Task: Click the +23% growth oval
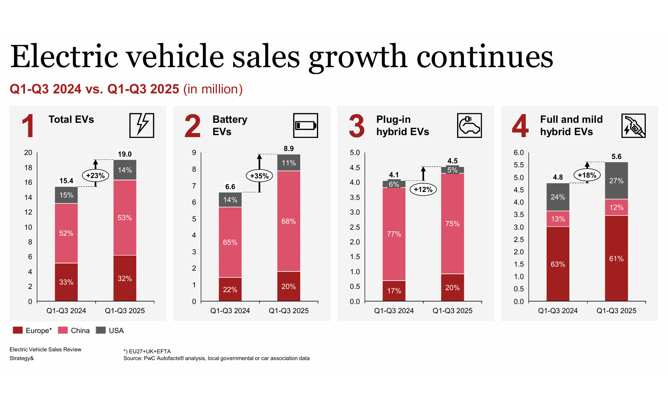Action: (95, 175)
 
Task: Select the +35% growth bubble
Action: (259, 176)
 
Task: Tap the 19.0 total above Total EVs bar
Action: (125, 154)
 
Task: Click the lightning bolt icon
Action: (142, 125)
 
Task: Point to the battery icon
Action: (305, 126)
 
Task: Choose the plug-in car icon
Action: (469, 126)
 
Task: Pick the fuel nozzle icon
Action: (633, 126)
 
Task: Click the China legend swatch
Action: (63, 330)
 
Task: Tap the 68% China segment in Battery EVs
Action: (289, 221)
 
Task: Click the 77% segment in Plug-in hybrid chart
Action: (394, 234)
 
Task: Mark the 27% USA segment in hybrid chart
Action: (616, 181)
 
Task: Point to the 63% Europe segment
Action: (558, 264)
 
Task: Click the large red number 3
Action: (357, 126)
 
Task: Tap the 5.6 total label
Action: (616, 157)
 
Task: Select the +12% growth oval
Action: (423, 190)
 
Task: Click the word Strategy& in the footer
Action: (22, 358)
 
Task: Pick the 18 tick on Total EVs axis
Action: (28, 168)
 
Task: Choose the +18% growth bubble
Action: (587, 175)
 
